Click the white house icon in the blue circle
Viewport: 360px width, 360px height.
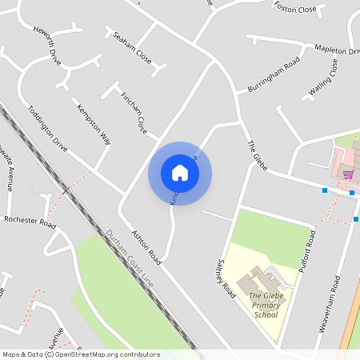pos(180,173)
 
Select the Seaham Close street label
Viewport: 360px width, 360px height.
pos(132,47)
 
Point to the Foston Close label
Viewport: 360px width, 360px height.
pos(295,8)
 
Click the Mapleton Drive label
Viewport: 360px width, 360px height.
pos(337,50)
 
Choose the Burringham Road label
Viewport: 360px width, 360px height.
pos(273,72)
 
